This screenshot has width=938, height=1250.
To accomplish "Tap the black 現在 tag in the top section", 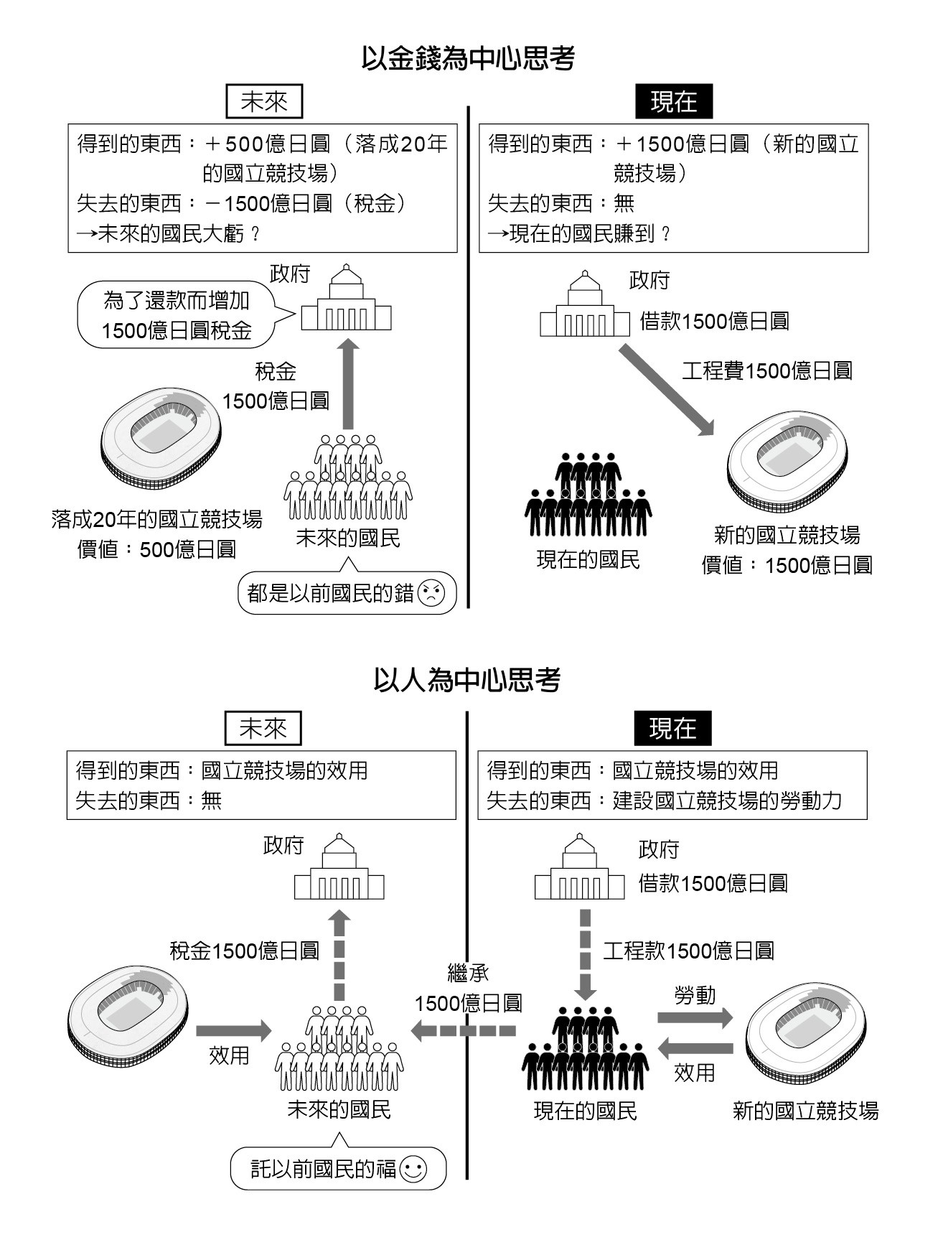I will (673, 102).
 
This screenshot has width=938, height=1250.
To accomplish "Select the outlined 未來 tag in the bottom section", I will (263, 729).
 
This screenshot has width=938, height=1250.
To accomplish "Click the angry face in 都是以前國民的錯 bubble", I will (431, 592).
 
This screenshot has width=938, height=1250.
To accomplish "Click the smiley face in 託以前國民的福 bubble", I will (413, 1169).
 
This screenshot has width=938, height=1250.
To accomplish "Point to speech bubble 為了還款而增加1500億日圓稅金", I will (177, 315).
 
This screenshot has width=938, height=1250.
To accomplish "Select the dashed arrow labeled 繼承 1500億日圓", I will (463, 1031).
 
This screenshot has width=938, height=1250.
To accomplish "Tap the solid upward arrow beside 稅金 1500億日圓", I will (348, 384).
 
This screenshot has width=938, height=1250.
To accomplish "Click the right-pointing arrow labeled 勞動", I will (695, 1017).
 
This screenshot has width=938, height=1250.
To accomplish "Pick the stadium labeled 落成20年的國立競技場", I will (160, 438).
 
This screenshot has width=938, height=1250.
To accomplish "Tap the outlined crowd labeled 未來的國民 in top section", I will (348, 477).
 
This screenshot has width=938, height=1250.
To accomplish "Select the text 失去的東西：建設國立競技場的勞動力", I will (664, 801).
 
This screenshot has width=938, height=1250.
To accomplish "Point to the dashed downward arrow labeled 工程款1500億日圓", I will (586, 953).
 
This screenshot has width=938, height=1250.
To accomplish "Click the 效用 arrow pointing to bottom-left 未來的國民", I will (233, 1031).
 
